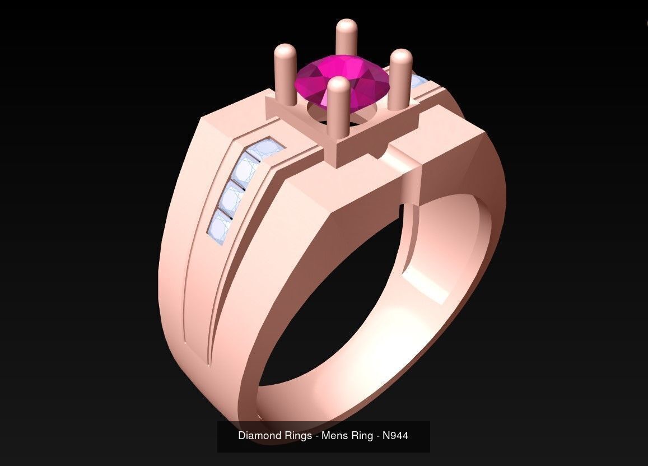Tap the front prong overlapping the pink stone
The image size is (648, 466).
(338, 112)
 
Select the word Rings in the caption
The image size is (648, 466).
(297, 435)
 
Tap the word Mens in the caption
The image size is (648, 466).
(332, 435)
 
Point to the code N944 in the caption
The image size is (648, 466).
(395, 435)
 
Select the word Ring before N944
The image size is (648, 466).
(358, 435)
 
